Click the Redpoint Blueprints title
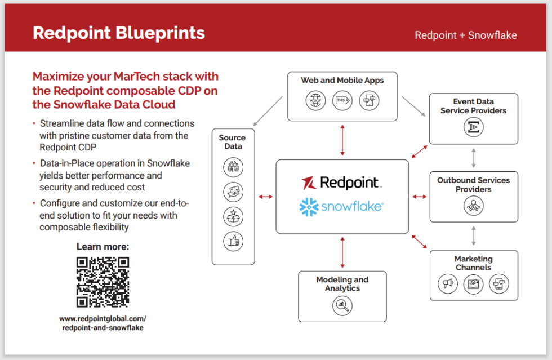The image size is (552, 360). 118,33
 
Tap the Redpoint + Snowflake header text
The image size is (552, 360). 465,35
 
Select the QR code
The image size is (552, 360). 103,282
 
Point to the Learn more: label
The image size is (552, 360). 103,247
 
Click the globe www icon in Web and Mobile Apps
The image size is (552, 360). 316,101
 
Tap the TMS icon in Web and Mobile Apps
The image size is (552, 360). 342,101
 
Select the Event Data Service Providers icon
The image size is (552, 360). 473,127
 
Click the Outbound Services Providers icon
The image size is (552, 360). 473,206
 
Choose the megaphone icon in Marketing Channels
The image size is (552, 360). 448,283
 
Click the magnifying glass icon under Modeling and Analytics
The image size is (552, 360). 342,306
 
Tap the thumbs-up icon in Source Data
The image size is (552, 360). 232,241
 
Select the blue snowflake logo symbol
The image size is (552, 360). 309,207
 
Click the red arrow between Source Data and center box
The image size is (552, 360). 265,197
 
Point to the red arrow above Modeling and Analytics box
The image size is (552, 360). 342,252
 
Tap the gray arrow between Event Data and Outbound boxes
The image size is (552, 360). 474,158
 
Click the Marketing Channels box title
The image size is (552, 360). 473,263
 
